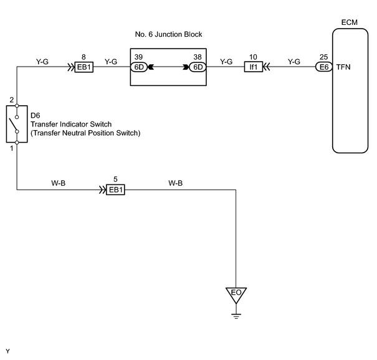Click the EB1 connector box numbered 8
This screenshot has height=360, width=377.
pos(84,67)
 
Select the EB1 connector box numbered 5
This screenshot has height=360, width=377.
pos(116,190)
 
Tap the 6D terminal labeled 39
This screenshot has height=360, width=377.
pos(139,67)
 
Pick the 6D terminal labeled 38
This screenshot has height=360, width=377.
pos(198,67)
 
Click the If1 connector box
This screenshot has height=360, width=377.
pos(254,67)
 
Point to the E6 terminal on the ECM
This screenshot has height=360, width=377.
pos(324,67)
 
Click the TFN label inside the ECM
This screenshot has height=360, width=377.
pos(343,67)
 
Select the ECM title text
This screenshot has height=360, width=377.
pos(350,22)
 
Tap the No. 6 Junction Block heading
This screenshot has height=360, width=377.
pos(168,34)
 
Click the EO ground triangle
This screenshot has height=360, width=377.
pos(236,295)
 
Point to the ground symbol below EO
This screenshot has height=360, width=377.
pos(236,316)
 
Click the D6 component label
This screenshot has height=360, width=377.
pos(35,116)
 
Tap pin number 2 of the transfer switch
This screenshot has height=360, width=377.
pos(12,100)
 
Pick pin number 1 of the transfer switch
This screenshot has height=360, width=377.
pos(12,148)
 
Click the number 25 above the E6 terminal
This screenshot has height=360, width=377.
pos(323,57)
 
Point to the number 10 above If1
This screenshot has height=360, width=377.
pos(253,57)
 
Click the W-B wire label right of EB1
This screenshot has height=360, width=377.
pos(176,183)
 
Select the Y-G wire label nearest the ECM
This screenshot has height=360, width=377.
pos(294,62)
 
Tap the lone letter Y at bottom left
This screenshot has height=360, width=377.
pos(7,351)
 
